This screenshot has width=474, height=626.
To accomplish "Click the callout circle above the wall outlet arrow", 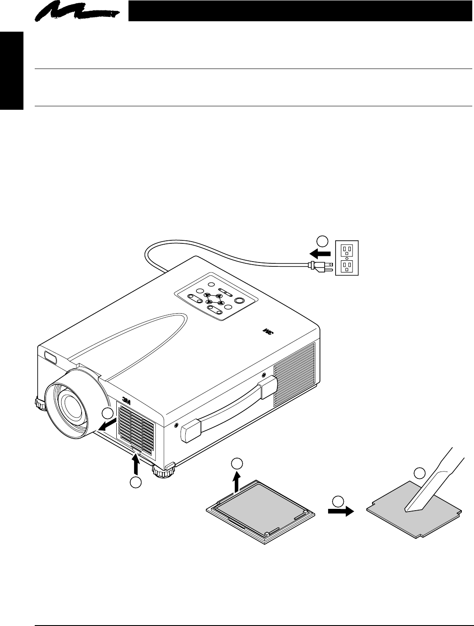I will coord(321,241).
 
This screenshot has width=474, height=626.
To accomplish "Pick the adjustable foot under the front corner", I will coord(164,470).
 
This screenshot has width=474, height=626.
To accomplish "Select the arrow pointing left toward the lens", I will coord(108,425).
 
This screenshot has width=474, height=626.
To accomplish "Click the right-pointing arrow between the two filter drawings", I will coord(341,511).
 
